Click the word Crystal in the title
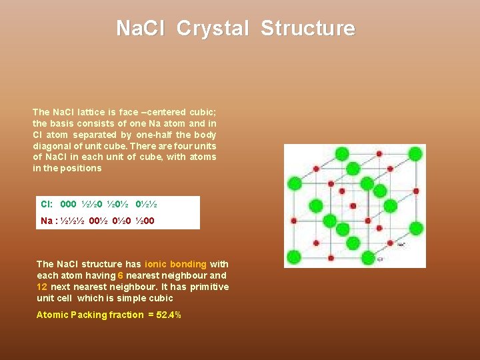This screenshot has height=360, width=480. click(x=212, y=29)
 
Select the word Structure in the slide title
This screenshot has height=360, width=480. click(x=308, y=29)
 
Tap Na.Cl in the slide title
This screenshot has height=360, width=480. click(x=142, y=29)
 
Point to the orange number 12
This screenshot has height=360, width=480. click(x=41, y=287)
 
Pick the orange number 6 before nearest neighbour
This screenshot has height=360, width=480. click(x=120, y=275)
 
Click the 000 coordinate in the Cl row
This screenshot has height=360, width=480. click(x=68, y=205)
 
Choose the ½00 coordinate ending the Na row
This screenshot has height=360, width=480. click(x=145, y=221)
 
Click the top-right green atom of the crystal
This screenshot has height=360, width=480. click(x=415, y=153)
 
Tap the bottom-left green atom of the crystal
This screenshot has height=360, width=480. click(x=293, y=258)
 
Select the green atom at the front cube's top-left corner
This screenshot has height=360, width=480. click(x=293, y=183)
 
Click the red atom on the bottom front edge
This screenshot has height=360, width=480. click(x=330, y=258)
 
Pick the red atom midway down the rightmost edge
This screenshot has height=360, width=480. click(x=415, y=191)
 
